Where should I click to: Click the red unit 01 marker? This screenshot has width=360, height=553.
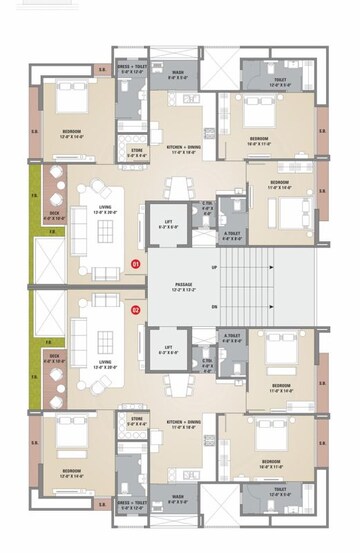pos(135,263)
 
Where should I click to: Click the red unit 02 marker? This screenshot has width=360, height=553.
pos(135,310)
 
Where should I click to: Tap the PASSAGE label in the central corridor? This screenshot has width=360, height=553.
pos(182,286)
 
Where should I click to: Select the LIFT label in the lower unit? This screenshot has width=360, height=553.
pos(166,351)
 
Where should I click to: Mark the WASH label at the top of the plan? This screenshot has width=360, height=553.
pos(177,73)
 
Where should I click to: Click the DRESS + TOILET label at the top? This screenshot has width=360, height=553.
pos(132,70)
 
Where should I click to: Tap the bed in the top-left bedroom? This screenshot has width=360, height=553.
pos(72,105)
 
